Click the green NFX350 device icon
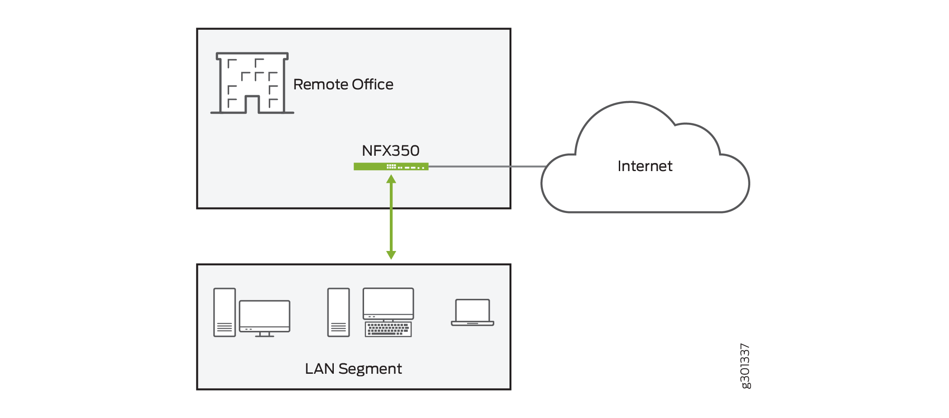tap(391, 167)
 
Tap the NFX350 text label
tap(391, 150)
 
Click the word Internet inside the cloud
tap(645, 166)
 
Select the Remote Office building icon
tap(252, 83)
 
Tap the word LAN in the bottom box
tap(319, 369)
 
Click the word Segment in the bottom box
tap(370, 369)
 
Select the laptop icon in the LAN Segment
tap(472, 312)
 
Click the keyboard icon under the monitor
tap(388, 330)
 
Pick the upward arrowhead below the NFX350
tap(391, 179)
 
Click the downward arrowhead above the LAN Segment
tap(391, 255)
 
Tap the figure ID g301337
tap(745, 366)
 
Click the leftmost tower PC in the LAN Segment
tap(224, 312)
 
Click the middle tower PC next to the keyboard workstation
tap(338, 312)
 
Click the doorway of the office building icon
tap(252, 105)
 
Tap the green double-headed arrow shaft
tap(391, 217)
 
